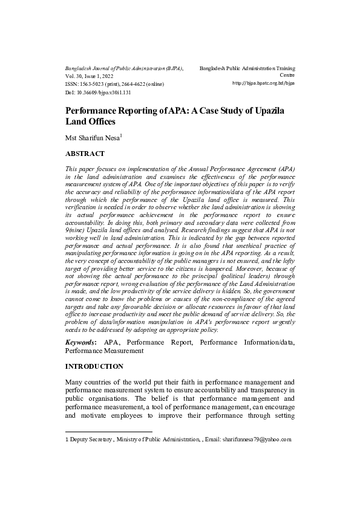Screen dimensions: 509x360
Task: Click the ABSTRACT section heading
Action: pyautogui.click(x=84, y=154)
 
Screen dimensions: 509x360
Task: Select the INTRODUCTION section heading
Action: pyautogui.click(x=94, y=366)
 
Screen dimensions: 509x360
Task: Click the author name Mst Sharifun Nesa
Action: pyautogui.click(x=91, y=138)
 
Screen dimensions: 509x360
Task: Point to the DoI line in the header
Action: pyautogui.click(x=97, y=92)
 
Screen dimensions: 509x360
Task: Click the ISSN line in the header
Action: pyautogui.click(x=114, y=85)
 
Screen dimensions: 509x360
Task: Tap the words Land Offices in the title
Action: pyautogui.click(x=90, y=122)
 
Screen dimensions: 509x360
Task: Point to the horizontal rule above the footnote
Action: pyautogui.click(x=108, y=432)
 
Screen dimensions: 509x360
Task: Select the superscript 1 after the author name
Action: pyautogui.click(x=121, y=135)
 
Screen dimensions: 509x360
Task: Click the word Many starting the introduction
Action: pyautogui.click(x=76, y=382)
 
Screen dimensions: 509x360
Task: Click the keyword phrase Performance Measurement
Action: pyautogui.click(x=104, y=350)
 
